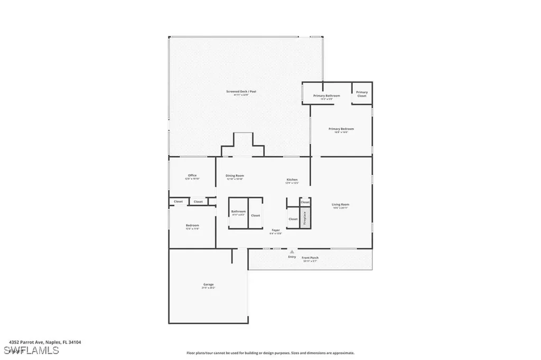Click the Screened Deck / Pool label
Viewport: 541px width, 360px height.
(241, 92)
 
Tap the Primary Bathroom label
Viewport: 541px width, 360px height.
(326, 96)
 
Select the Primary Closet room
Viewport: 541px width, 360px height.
(362, 94)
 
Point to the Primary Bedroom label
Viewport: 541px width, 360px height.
(341, 129)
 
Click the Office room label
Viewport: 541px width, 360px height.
(192, 176)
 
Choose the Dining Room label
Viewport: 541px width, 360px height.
(235, 176)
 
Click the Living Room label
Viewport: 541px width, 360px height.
(340, 205)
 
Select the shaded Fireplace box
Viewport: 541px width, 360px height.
(304, 218)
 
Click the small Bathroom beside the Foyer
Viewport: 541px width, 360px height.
(238, 213)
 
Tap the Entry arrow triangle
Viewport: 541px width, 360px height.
(292, 252)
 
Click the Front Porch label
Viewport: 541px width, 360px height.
(310, 259)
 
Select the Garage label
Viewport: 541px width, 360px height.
(208, 286)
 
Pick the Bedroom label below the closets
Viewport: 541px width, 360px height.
(192, 226)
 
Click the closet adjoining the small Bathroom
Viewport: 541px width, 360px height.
(255, 215)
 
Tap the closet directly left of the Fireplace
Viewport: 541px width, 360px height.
(293, 219)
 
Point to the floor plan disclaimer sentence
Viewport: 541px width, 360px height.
(270, 353)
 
